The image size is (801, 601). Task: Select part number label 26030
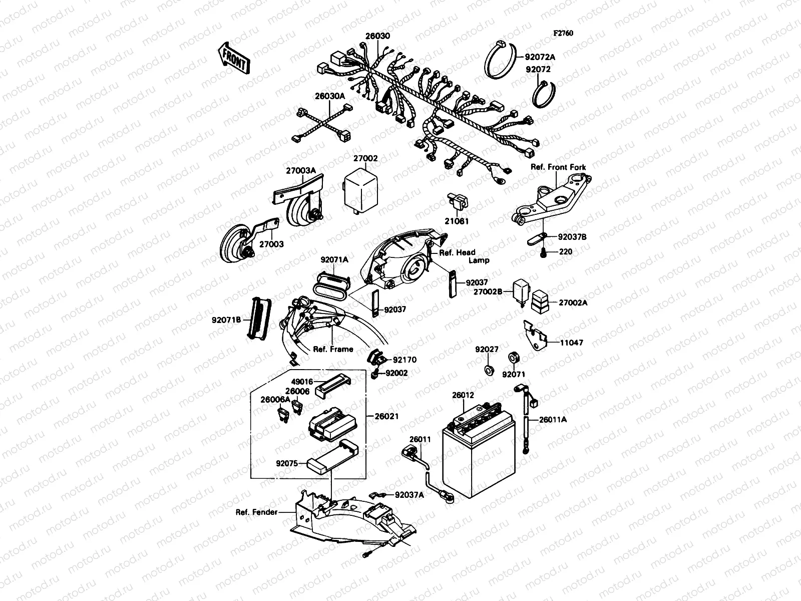[377, 37]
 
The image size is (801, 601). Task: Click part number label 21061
[457, 221]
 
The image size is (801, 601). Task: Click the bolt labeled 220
[543, 254]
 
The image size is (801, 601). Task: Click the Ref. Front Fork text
[558, 167]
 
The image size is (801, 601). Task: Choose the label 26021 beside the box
[386, 416]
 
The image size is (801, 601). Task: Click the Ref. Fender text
[257, 512]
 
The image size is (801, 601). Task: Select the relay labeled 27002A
[540, 297]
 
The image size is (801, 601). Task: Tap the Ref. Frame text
[333, 349]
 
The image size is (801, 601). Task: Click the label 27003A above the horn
[301, 170]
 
